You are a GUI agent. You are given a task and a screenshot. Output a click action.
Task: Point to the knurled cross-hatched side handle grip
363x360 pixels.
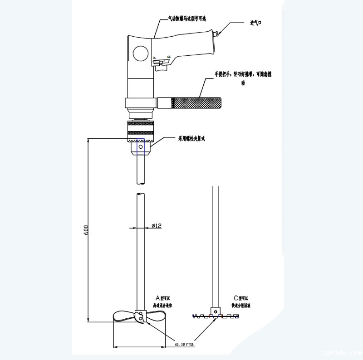[196, 102]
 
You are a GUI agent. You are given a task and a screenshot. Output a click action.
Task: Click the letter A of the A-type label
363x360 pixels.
[157, 298]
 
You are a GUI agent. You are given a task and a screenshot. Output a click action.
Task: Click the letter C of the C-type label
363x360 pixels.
[236, 298]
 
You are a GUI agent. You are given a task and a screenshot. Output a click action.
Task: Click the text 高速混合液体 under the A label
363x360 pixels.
[162, 305]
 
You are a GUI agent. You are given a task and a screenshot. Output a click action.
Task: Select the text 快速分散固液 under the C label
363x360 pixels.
[241, 305]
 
